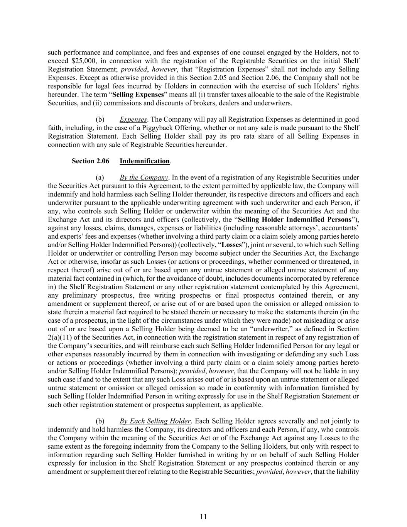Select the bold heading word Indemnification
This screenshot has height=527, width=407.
(144, 161)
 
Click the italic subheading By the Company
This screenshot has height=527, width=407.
(144, 178)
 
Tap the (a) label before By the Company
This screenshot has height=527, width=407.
(100, 178)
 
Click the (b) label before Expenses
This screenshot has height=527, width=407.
(100, 119)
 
